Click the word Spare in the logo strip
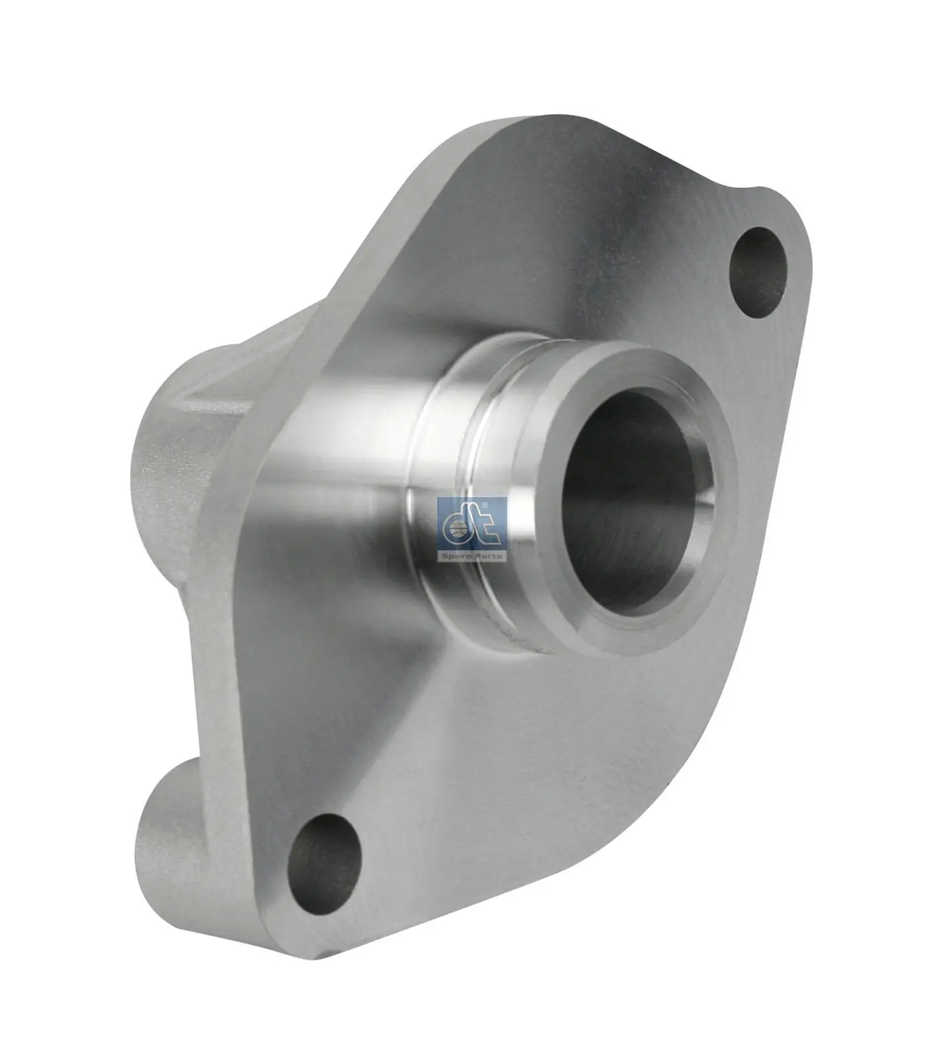pyautogui.click(x=457, y=556)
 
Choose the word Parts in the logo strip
pyautogui.click(x=490, y=556)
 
